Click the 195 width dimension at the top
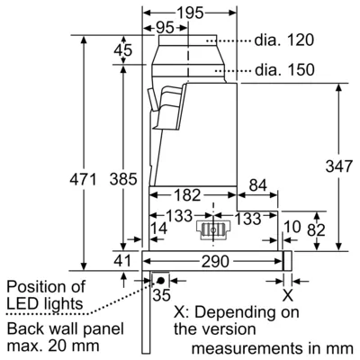(190, 13)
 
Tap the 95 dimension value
(165, 28)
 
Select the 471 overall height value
(83, 179)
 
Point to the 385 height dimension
(123, 179)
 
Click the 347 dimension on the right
(339, 166)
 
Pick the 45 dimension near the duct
(123, 50)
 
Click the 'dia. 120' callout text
(284, 40)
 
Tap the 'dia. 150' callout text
(284, 70)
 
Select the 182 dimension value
(187, 195)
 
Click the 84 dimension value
(258, 185)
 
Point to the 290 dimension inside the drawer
(215, 262)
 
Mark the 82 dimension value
(316, 230)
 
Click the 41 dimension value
(122, 261)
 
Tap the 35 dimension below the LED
(161, 295)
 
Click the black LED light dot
(161, 281)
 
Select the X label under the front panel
(288, 296)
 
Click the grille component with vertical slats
(212, 230)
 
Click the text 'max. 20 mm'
(53, 346)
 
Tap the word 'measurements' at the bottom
(247, 348)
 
